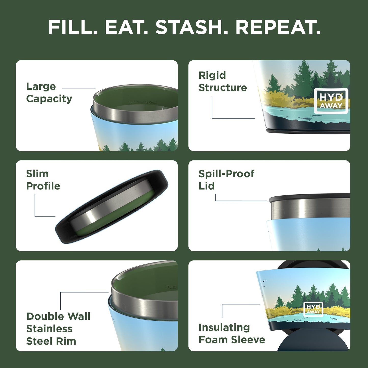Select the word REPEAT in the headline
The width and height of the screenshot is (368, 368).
pos(278,27)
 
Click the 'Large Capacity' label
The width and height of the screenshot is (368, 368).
pos(49,92)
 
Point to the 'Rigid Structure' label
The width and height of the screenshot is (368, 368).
pos(223,81)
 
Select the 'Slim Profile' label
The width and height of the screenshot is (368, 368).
pos(43,180)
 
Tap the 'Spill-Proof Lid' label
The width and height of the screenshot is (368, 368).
pos(226,180)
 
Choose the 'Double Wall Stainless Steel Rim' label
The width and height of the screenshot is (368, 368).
pos(58,329)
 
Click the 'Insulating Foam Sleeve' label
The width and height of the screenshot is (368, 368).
pos(232,333)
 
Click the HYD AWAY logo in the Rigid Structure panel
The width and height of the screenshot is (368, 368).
pos(331,101)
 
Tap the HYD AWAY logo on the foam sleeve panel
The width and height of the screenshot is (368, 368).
pos(313,309)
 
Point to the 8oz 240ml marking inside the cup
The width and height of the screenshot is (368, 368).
pos(143,102)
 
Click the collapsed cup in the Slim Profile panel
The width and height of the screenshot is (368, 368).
pos(112,206)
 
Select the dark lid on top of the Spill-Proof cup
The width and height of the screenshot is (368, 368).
pos(309,197)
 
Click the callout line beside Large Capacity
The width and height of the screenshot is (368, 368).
pos(79,88)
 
